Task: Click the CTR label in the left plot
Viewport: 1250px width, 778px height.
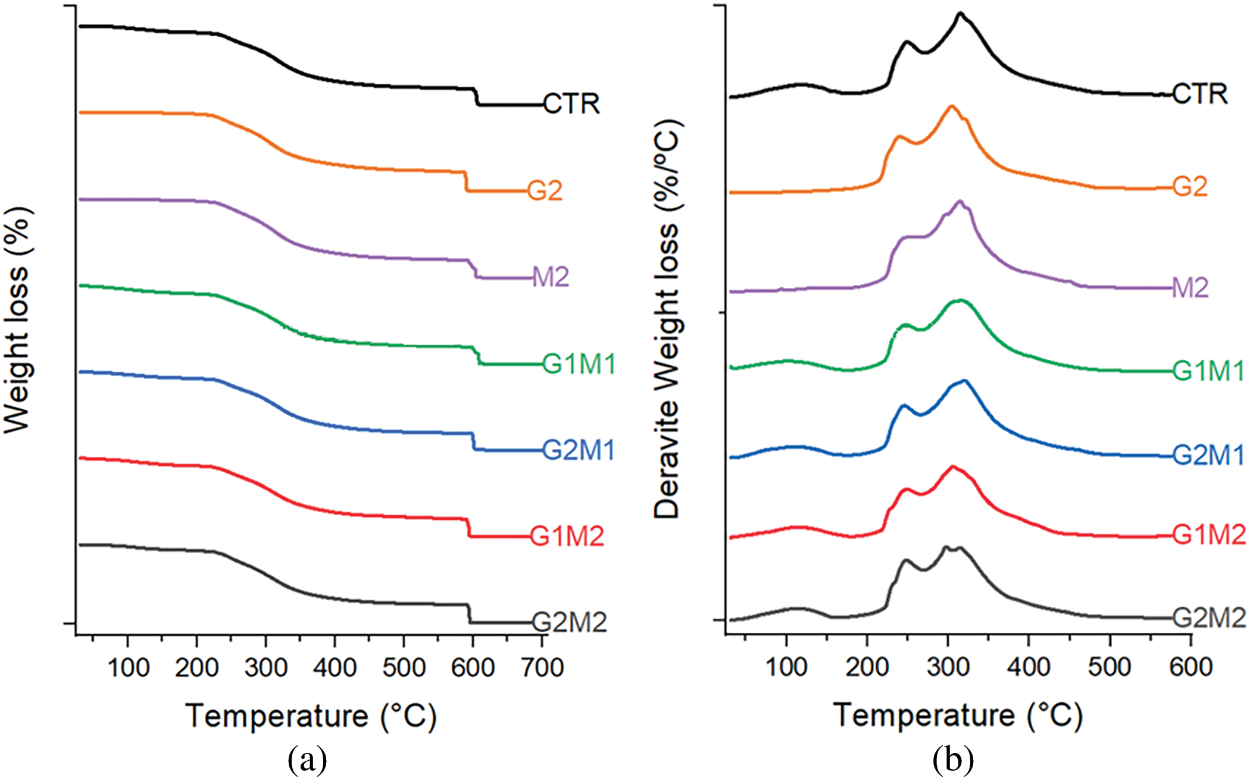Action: click(571, 104)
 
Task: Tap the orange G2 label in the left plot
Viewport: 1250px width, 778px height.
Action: click(545, 191)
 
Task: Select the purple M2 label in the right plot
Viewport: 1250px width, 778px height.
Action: click(1190, 288)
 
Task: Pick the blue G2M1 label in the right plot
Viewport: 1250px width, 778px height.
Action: click(1209, 456)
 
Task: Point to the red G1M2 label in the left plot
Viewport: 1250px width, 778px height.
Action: click(567, 537)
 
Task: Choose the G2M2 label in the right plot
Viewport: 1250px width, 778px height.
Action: click(1209, 619)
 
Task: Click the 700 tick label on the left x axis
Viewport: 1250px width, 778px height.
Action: click(541, 668)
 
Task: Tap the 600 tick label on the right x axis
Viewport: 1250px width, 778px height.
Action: click(1190, 667)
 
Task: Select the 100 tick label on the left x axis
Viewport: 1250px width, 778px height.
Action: click(128, 668)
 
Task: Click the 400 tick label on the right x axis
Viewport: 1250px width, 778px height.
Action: click(1029, 667)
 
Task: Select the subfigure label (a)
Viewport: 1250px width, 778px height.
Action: click(307, 760)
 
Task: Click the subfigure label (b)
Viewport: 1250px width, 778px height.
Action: click(953, 760)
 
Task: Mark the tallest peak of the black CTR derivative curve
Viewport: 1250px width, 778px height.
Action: click(960, 14)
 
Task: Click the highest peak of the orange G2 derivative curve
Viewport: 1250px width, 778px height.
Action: click(951, 106)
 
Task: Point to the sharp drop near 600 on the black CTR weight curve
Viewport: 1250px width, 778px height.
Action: click(476, 96)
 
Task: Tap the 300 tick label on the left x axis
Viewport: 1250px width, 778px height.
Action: click(266, 668)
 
